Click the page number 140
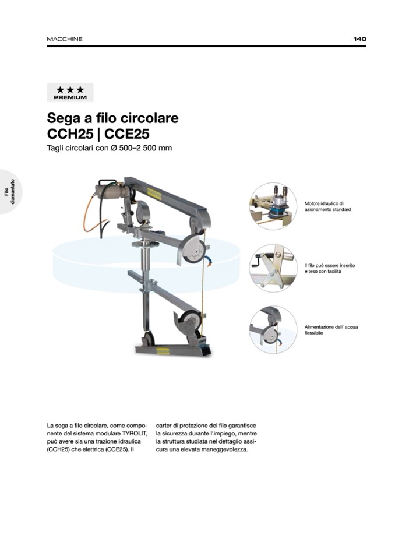[359, 39]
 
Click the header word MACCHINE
[65, 39]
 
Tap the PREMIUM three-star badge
[70, 92]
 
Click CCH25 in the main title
[70, 134]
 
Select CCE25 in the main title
[127, 134]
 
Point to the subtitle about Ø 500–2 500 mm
[110, 147]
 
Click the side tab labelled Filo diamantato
[10, 192]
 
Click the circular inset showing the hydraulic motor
[273, 206]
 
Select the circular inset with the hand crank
[273, 268]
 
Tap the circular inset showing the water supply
[273, 330]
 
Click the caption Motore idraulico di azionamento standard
[327, 206]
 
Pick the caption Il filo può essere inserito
[330, 265]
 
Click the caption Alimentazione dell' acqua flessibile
[331, 330]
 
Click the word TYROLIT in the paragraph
[135, 433]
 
